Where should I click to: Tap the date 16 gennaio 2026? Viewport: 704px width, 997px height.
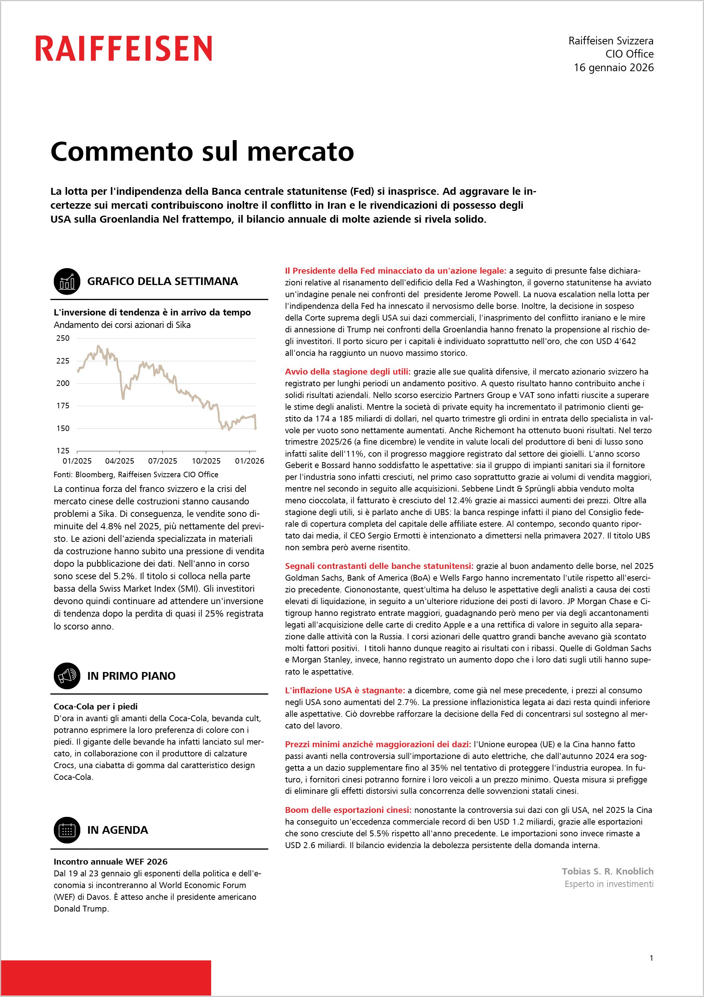613,68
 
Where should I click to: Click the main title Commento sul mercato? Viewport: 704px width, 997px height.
202,151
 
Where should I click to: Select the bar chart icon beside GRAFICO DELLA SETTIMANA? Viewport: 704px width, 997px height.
67,281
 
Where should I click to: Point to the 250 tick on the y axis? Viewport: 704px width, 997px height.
63,338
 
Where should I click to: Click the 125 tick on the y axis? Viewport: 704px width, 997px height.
63,451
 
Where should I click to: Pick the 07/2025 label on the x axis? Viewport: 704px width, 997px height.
163,461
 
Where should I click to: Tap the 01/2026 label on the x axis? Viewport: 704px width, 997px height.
250,461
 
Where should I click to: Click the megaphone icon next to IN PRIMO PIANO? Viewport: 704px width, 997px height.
67,676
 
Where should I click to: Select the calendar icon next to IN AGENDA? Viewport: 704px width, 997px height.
67,830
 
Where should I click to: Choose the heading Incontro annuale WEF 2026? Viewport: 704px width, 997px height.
111,862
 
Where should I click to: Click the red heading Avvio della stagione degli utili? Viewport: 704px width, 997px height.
348,372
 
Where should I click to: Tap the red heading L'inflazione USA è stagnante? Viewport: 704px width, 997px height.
345,690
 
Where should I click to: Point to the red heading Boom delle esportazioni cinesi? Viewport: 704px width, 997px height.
348,810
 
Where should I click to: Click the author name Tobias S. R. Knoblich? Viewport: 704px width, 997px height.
607,871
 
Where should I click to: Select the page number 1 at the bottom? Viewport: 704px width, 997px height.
651,958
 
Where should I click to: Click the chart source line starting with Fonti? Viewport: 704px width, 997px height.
136,475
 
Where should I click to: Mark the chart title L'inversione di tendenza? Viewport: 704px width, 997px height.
152,312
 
